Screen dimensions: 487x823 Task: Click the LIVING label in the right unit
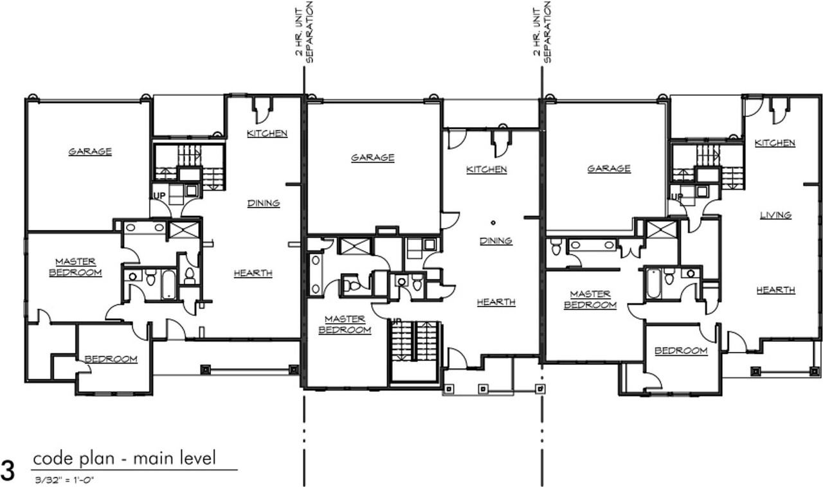click(775, 215)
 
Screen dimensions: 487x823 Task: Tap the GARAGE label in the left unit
click(90, 152)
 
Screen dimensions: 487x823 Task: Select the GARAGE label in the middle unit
click(372, 157)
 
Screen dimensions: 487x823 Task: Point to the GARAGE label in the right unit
click(608, 168)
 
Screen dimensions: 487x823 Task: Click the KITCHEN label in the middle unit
click(486, 170)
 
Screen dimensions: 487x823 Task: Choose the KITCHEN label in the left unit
click(267, 134)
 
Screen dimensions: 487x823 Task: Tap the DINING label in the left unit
click(264, 203)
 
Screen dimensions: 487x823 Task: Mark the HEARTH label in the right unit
click(775, 290)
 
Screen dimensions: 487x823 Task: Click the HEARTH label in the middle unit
click(496, 302)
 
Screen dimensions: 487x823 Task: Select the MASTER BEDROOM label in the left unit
click(75, 267)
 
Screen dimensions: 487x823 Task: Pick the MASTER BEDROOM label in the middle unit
click(345, 324)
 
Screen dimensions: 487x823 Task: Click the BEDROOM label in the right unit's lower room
click(681, 351)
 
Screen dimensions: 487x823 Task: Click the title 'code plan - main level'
click(124, 459)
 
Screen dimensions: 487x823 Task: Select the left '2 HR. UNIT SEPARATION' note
click(303, 32)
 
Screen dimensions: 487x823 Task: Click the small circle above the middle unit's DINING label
click(493, 223)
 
